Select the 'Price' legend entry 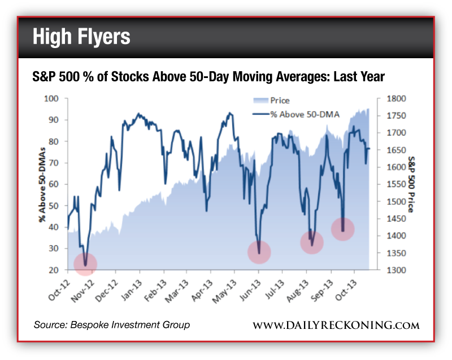pyautogui.click(x=279, y=101)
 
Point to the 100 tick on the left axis pyautogui.click(x=53, y=98)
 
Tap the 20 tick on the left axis pyautogui.click(x=55, y=270)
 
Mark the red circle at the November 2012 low pyautogui.click(x=85, y=263)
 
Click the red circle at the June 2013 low pyautogui.click(x=259, y=251)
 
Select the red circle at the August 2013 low pyautogui.click(x=311, y=242)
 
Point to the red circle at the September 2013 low pyautogui.click(x=342, y=229)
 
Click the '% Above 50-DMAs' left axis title pyautogui.click(x=42, y=184)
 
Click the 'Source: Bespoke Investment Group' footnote pyautogui.click(x=112, y=325)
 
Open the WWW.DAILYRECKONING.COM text pyautogui.click(x=336, y=325)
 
